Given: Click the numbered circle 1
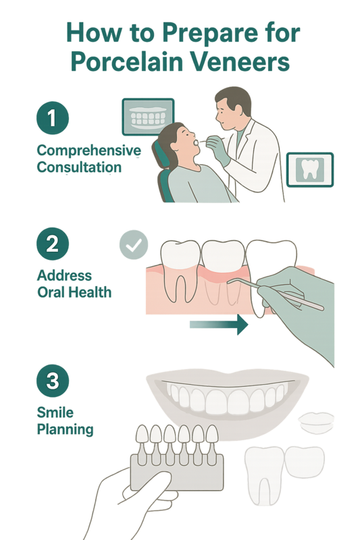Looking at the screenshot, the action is coord(53,117).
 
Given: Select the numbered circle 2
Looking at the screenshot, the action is coord(53,244).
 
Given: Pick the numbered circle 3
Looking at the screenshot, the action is coord(53,381).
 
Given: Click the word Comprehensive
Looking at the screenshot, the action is coord(89,151).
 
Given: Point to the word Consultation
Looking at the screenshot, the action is coord(79,167).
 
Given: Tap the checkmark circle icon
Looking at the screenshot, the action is coord(134,244).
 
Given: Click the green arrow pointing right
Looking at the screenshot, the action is coord(219,325).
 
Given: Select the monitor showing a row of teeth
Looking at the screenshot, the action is coord(148,117).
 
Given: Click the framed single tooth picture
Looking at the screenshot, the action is coord(310,170).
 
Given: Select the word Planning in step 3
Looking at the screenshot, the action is coord(65,430).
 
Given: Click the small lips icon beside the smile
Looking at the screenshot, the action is coord(316,423).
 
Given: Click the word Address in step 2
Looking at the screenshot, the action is coord(64,275).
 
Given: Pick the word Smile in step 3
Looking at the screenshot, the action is coord(55,412).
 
